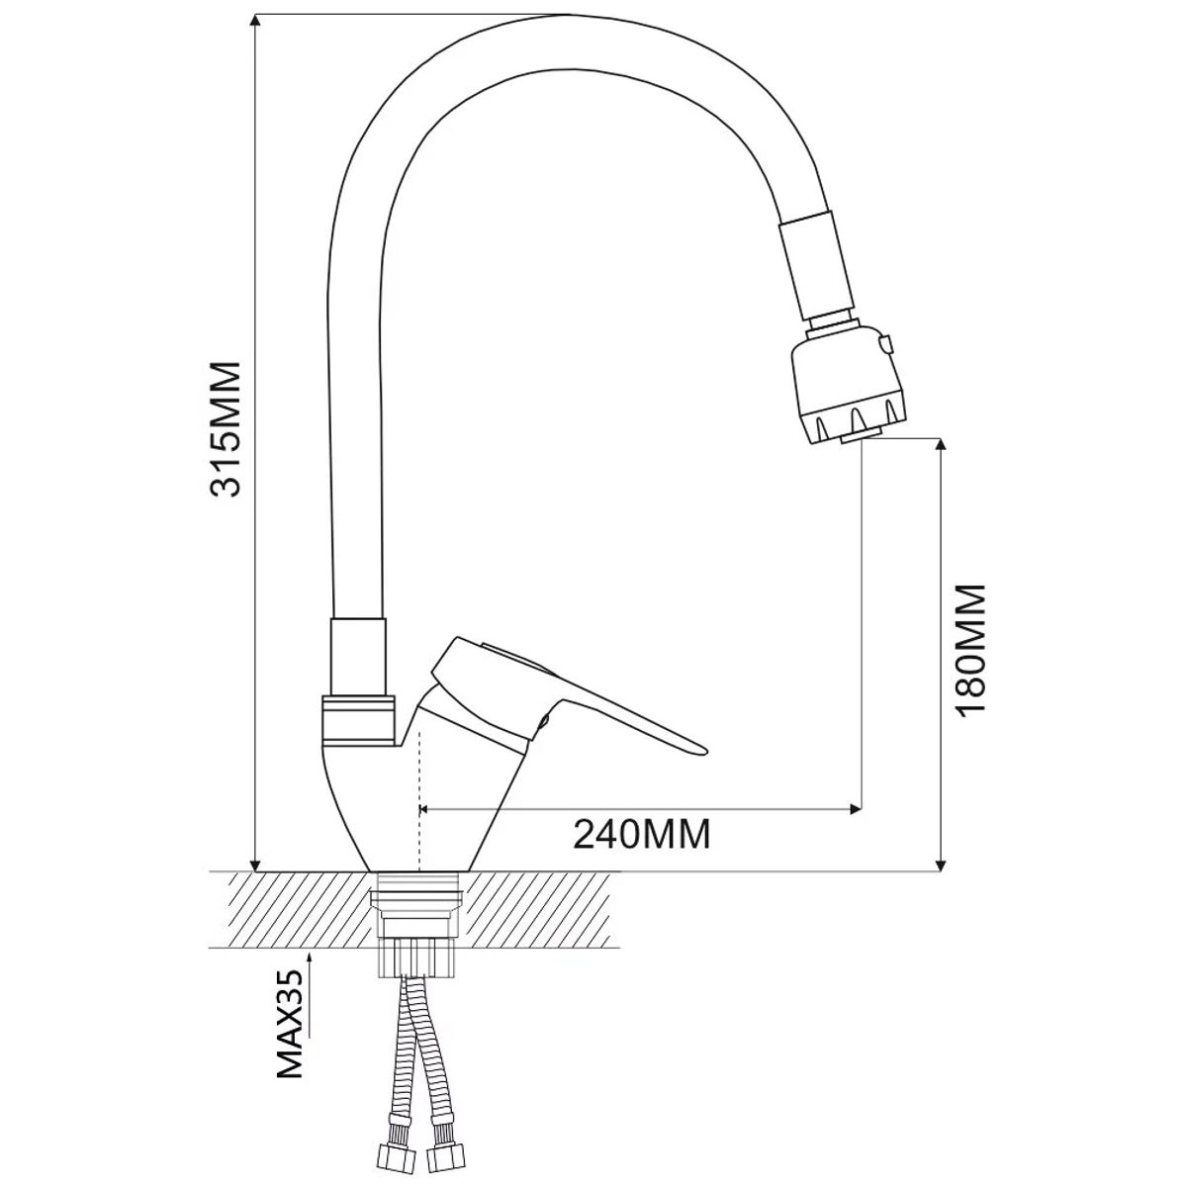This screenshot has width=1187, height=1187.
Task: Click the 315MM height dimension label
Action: tap(225, 428)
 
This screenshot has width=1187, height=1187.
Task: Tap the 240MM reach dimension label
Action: tap(643, 834)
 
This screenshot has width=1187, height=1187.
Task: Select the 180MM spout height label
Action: tap(970, 647)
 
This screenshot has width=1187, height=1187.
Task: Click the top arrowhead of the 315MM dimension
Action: tap(255, 22)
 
